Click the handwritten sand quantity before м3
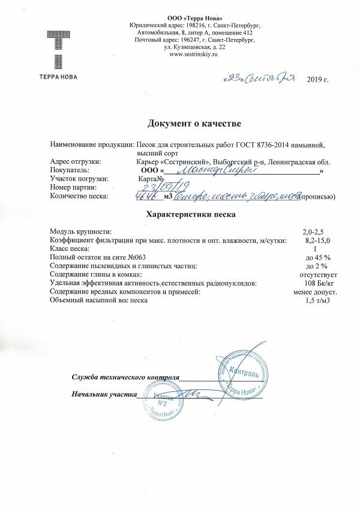coord(147,196)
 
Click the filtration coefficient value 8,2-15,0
coord(317,239)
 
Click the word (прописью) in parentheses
coord(317,196)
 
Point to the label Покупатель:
coord(73,170)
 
